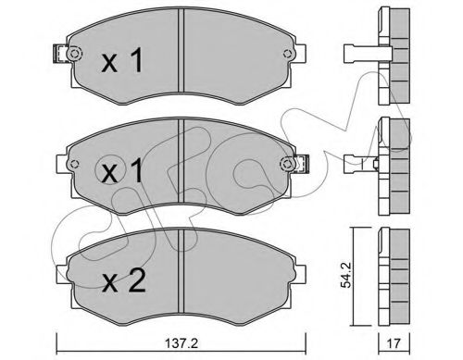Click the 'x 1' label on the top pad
[120, 64]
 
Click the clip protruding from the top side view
[361, 52]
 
